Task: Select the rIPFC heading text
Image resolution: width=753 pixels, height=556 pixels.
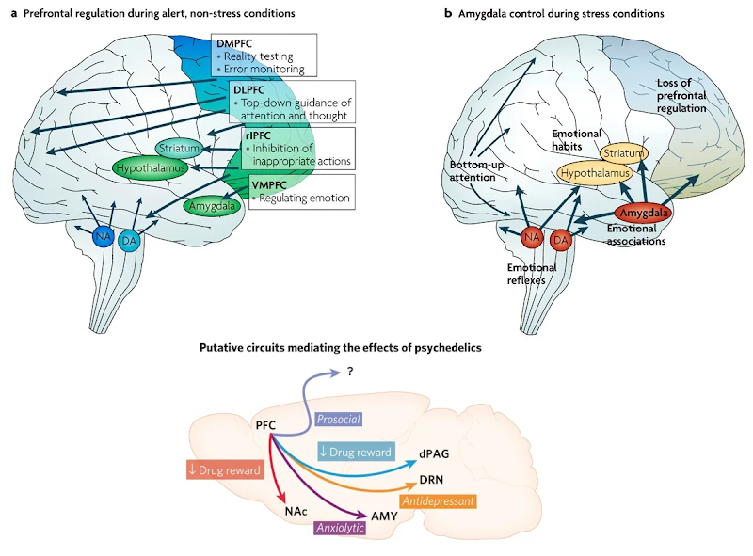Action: (258, 135)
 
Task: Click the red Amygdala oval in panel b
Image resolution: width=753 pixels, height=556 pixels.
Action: (642, 214)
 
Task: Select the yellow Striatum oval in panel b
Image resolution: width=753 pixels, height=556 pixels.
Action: (622, 152)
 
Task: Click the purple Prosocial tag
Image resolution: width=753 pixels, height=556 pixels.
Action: (338, 418)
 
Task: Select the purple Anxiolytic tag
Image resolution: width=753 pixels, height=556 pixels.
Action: (339, 529)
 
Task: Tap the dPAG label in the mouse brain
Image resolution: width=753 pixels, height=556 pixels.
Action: (435, 453)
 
